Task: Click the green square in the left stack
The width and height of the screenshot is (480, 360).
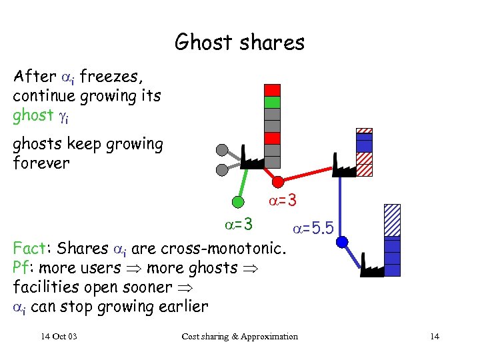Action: tap(272, 102)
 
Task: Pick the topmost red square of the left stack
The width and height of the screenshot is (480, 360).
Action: tap(272, 90)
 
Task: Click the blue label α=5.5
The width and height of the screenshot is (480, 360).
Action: tap(313, 230)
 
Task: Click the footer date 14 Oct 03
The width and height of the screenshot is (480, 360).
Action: tap(59, 336)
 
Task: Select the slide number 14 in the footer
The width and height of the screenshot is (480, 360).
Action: tap(435, 336)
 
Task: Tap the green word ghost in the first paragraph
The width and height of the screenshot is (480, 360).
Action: tap(33, 115)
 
